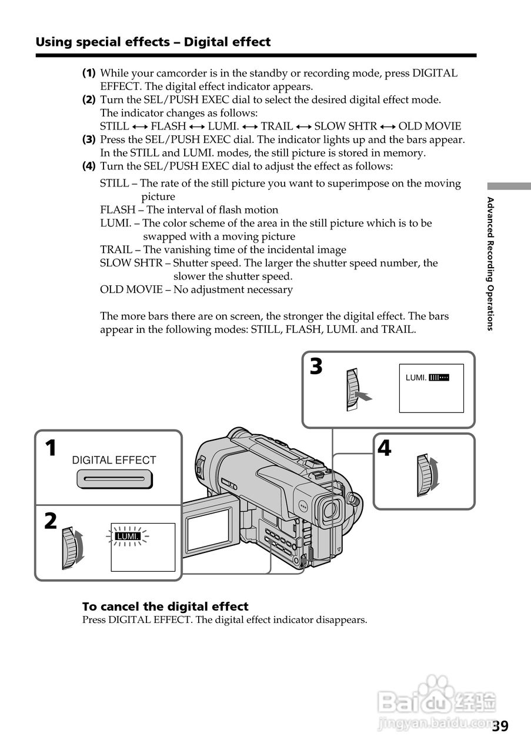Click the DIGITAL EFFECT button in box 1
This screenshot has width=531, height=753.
pos(114,479)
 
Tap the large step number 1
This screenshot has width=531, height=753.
pos(52,449)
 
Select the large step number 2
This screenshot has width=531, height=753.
pos(51,521)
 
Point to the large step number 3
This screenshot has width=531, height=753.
pos(316,367)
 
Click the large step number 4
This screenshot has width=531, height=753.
pos(384,449)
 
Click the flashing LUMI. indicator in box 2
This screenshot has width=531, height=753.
pos(128,537)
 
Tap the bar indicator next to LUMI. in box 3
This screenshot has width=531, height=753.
pos(439,378)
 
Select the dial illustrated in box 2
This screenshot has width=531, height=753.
pos(70,548)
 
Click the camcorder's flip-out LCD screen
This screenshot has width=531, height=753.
pos(208,528)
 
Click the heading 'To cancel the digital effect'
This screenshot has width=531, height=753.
pos(165,607)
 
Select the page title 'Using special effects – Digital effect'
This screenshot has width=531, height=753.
pos(153,42)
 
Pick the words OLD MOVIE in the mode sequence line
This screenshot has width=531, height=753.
pos(430,126)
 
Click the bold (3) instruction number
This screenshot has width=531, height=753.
pos(89,140)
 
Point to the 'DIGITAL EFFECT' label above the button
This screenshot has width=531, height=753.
pos(114,461)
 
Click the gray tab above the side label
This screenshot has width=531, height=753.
pos(509,186)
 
